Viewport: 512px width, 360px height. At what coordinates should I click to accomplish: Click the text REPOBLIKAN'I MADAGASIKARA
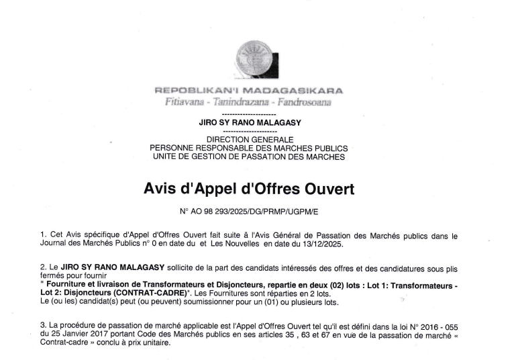click(x=249, y=91)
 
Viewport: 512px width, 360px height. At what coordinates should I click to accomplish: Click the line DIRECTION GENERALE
click(x=249, y=139)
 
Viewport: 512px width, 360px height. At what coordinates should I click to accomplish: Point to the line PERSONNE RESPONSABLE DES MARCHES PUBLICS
click(x=249, y=148)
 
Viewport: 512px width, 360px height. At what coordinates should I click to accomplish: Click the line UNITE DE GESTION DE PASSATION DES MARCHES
click(x=249, y=156)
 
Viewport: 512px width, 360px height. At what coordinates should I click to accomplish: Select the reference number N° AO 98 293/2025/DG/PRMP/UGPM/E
click(x=249, y=211)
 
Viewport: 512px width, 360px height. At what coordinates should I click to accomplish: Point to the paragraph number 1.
click(x=43, y=234)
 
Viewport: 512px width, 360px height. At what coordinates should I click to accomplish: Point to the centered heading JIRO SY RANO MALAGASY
click(x=249, y=124)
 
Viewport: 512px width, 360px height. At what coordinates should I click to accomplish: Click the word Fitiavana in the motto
click(x=184, y=102)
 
